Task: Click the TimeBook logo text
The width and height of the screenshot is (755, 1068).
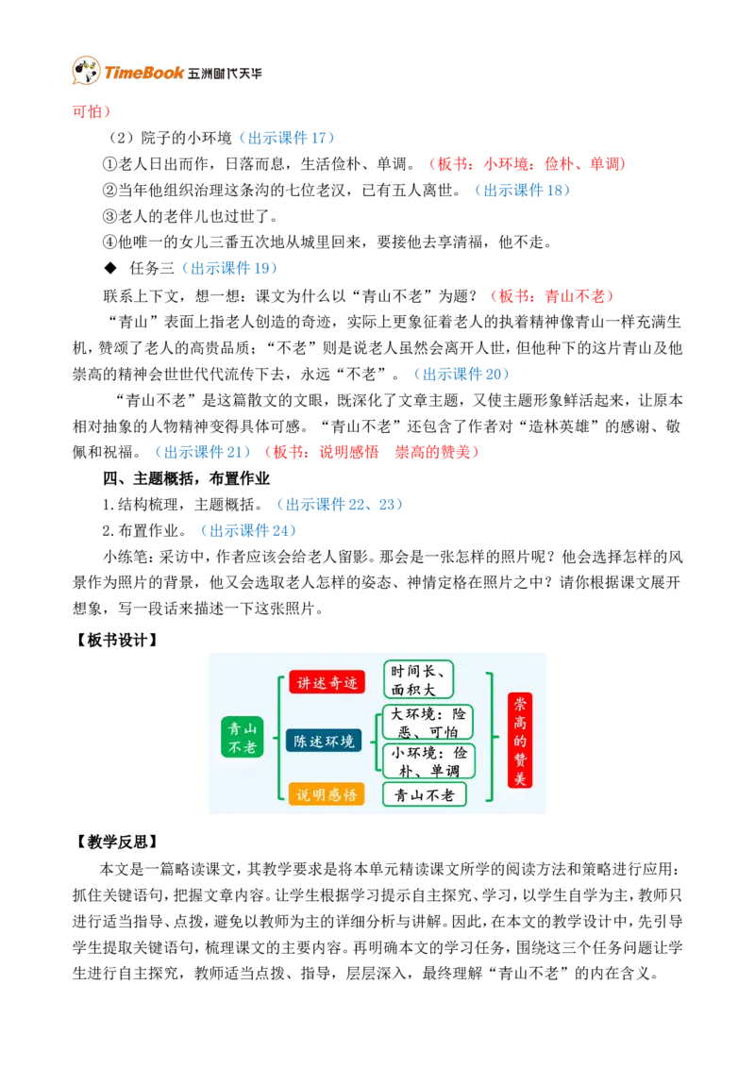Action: [x=144, y=73]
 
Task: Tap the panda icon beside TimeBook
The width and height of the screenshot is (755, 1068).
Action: [x=85, y=72]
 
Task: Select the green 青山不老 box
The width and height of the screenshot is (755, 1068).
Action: [x=242, y=737]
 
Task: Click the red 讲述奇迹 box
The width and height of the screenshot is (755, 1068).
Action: [x=327, y=682]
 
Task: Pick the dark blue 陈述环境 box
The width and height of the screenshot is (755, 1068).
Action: [x=324, y=741]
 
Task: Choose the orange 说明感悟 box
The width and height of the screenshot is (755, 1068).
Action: [x=327, y=794]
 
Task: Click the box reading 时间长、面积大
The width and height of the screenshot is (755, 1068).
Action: [x=418, y=679]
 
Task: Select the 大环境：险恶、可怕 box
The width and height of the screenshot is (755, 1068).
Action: [x=428, y=722]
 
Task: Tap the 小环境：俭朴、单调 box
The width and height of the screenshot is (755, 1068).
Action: [x=428, y=760]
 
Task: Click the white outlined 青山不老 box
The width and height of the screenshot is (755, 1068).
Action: [x=424, y=794]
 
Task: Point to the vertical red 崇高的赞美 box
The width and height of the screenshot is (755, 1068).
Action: [x=519, y=740]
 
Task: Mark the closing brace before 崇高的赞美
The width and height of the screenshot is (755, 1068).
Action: [x=491, y=737]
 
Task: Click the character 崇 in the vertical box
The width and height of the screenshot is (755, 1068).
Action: [x=519, y=705]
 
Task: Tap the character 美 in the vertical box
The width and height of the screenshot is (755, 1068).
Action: [x=519, y=777]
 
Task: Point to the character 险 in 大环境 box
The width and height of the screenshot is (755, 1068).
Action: [x=460, y=714]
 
